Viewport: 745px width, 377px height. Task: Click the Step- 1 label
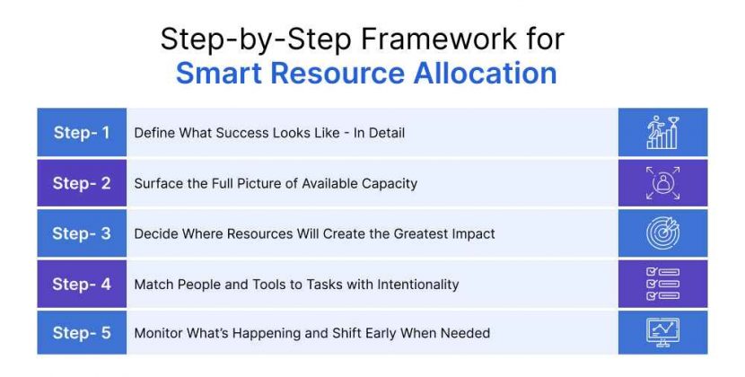click(82, 133)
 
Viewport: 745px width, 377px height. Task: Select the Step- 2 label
click(82, 183)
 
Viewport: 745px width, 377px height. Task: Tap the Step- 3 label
click(82, 233)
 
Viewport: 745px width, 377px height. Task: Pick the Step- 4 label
click(82, 284)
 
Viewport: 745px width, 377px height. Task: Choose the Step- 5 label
click(82, 333)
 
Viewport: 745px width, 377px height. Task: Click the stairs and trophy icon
click(662, 133)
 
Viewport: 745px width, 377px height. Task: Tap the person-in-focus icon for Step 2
click(662, 183)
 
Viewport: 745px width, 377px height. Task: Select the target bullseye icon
click(662, 233)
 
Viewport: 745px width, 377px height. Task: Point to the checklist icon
click(662, 284)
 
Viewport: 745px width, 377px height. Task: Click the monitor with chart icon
click(662, 333)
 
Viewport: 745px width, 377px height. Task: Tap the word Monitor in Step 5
click(158, 333)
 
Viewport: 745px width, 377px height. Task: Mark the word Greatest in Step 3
click(415, 233)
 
